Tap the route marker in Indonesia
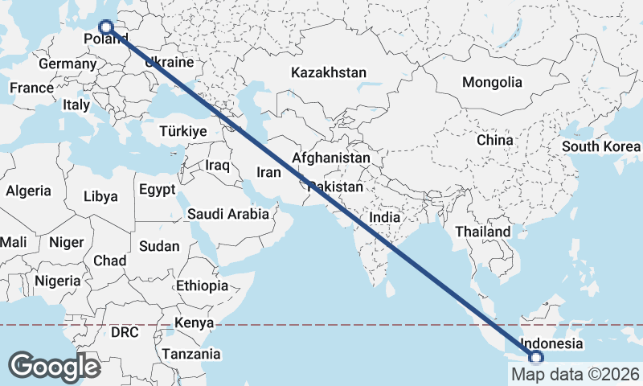(536, 357)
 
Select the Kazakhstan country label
(329, 72)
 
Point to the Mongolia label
(492, 82)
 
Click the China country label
(494, 139)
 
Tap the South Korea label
(600, 146)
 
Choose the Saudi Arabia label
(227, 214)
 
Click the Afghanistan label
(331, 158)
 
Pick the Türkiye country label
(183, 131)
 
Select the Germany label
(68, 64)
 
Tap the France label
(31, 88)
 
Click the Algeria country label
(28, 191)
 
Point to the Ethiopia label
(203, 285)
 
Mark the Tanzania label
(191, 353)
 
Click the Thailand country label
(482, 232)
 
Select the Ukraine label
(169, 62)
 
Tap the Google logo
(55, 367)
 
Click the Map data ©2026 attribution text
(575, 374)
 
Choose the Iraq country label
(217, 165)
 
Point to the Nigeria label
(58, 281)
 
